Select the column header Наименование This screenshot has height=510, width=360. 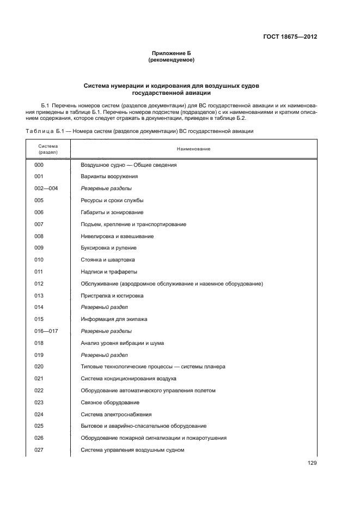pyautogui.click(x=193, y=149)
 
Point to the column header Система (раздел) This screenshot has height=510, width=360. pyautogui.click(x=47, y=149)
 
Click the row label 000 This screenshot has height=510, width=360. pyautogui.click(x=39, y=165)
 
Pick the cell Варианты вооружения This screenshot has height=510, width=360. pyautogui.click(x=109, y=177)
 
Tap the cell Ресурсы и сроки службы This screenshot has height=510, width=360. pyautogui.click(x=113, y=201)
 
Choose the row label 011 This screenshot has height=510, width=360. pyautogui.click(x=39, y=271)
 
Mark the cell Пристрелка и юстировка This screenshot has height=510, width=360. pyautogui.click(x=112, y=295)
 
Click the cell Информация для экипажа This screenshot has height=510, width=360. pyautogui.click(x=114, y=319)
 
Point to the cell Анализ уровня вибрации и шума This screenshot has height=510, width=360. pyautogui.click(x=123, y=343)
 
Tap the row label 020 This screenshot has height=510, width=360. pyautogui.click(x=39, y=367)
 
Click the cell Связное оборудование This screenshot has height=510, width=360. pyautogui.click(x=109, y=403)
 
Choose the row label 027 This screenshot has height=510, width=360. pyautogui.click(x=39, y=450)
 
